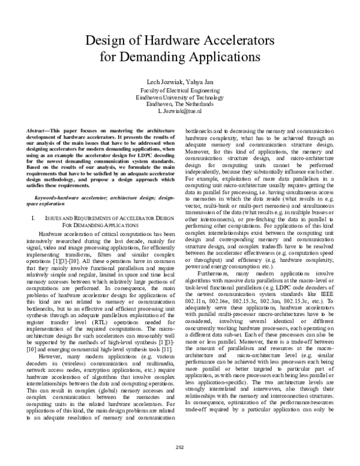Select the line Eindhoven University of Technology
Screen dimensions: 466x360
pos(180,97)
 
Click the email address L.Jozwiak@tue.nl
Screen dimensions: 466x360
pos(180,111)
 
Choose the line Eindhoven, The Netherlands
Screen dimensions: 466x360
pos(180,104)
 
